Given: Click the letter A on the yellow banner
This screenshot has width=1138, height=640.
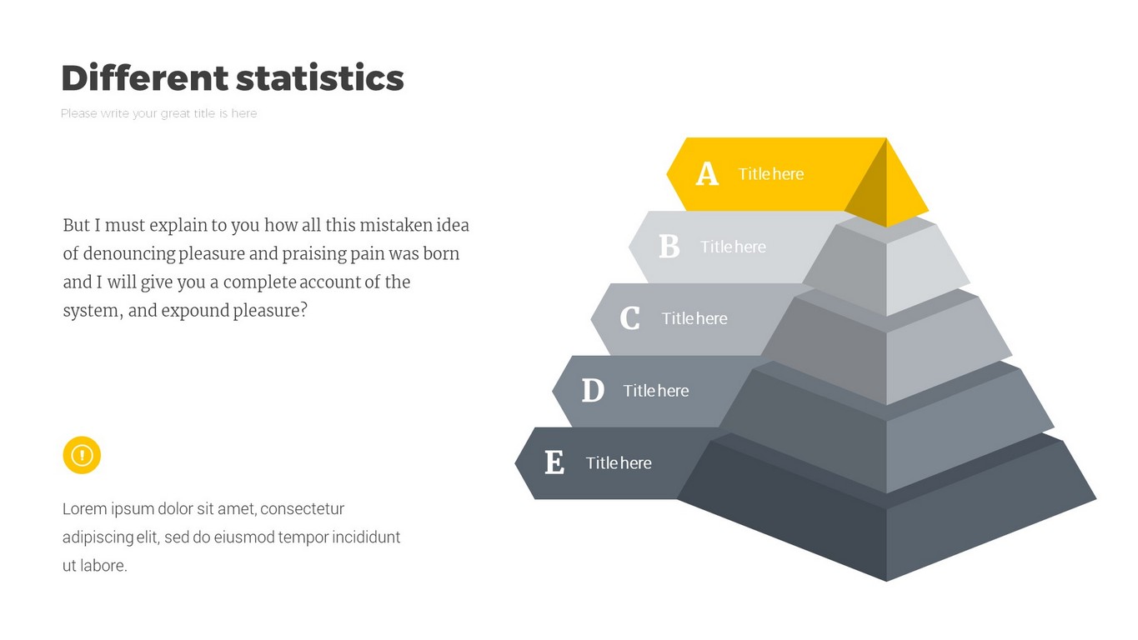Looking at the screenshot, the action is (707, 173).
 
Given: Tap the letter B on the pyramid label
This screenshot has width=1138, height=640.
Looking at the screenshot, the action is (669, 247).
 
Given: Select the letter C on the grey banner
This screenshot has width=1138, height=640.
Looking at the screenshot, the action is (630, 318).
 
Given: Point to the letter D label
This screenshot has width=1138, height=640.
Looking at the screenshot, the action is (593, 391).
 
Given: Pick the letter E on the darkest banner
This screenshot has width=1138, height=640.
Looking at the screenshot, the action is (554, 462).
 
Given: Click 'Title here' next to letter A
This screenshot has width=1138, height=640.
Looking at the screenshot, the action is (770, 174).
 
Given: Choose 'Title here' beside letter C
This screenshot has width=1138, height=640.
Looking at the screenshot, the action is (694, 318).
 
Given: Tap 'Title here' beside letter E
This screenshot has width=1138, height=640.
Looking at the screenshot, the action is (619, 463).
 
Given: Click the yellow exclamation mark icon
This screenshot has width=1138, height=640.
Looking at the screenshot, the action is (82, 455).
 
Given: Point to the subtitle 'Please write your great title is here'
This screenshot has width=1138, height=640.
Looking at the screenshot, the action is (158, 113).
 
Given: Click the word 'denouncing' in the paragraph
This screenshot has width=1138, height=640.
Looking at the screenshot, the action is (129, 254).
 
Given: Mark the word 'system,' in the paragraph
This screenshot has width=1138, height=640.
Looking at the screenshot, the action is (93, 311).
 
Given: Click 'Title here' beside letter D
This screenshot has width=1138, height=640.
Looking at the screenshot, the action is (656, 391).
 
